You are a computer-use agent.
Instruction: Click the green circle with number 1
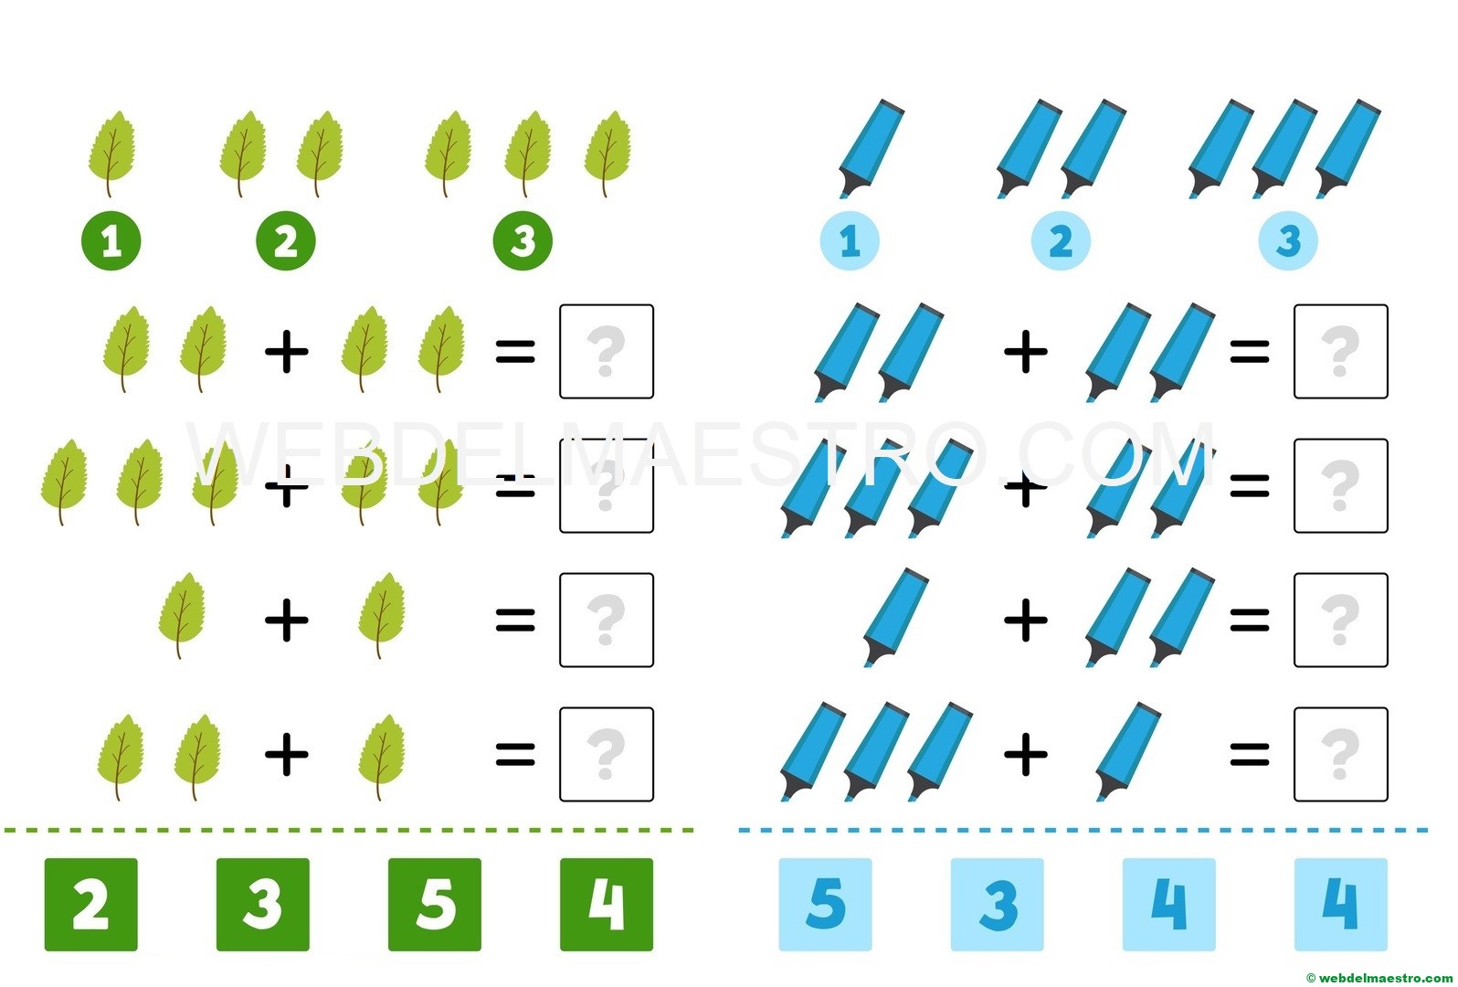pos(111,242)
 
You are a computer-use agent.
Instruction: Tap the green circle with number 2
pos(285,242)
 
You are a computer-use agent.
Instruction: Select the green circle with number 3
pos(523,242)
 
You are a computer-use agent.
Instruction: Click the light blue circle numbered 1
pos(850,242)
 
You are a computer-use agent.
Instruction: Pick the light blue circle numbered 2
pos(1061,242)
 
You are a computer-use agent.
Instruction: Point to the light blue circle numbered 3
pos(1288,242)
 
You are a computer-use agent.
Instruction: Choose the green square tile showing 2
pos(91,904)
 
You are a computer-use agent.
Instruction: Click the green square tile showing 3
pos(262,904)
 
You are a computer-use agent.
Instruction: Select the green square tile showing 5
pos(435,904)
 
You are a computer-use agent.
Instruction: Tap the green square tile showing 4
pos(607,904)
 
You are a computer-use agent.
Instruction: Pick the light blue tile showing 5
pos(825,904)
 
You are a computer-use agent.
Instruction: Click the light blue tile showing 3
pos(998,904)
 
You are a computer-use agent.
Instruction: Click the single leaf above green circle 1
pos(111,153)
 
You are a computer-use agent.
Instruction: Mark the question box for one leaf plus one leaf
pos(607,620)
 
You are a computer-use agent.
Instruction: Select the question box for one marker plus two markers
pos(1340,620)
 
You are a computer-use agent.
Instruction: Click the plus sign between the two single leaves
pos(287,621)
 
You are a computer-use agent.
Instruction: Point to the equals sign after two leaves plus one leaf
pos(515,754)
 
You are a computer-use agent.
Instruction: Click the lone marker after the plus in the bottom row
pos(1127,749)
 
